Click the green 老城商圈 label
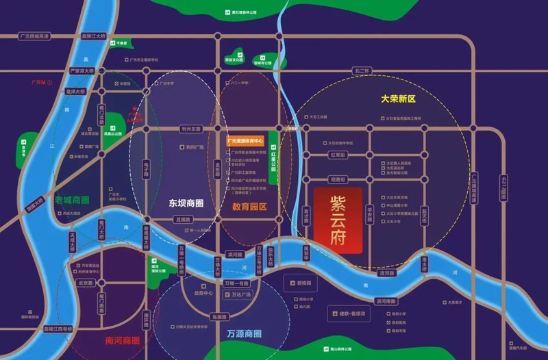73,200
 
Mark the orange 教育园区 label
249,205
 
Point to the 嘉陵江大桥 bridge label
95,36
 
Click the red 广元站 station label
41,82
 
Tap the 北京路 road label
85,283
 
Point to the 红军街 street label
337,155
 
